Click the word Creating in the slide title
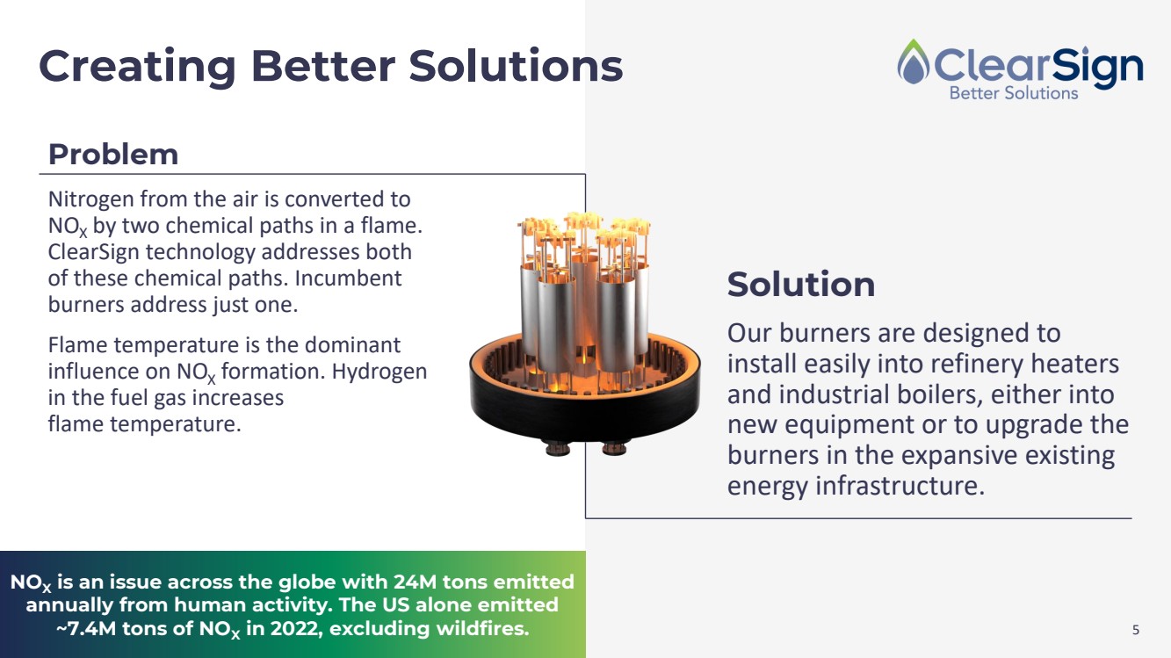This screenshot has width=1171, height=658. tap(138, 67)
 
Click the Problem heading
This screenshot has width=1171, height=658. tap(113, 155)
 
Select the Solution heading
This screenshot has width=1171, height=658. tap(801, 285)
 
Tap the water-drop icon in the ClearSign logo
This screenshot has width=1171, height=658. tap(914, 61)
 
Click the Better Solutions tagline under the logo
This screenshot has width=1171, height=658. tap(1014, 93)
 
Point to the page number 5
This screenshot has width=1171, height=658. tap(1136, 630)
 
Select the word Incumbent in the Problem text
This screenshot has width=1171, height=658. tap(348, 278)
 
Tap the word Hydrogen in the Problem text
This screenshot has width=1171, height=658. tap(379, 372)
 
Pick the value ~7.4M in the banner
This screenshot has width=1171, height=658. tap(86, 628)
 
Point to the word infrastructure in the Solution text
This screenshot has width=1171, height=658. tap(900, 486)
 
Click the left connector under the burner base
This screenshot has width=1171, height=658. tap(557, 448)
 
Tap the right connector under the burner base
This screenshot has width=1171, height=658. tap(614, 448)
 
